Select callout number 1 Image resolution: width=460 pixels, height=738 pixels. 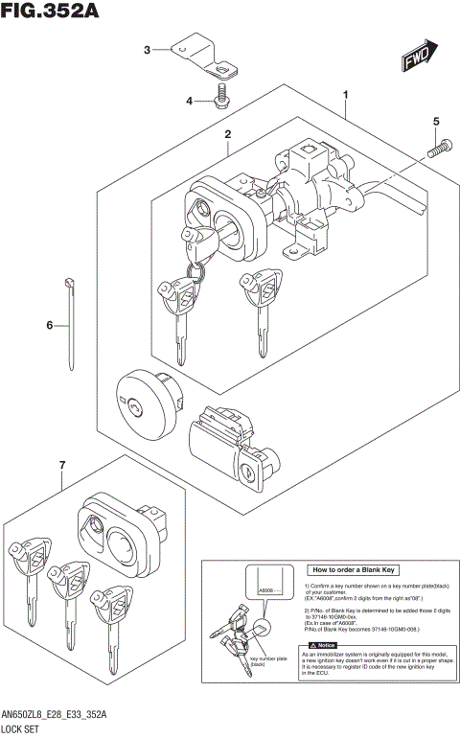pyautogui.click(x=345, y=95)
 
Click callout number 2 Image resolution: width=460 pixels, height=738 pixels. pyautogui.click(x=228, y=136)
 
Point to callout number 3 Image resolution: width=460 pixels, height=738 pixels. pyautogui.click(x=147, y=50)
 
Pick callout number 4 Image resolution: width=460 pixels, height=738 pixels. pyautogui.click(x=190, y=101)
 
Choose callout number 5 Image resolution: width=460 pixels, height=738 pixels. pyautogui.click(x=435, y=122)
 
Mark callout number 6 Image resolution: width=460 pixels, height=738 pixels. pyautogui.click(x=49, y=326)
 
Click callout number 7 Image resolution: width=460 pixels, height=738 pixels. pyautogui.click(x=61, y=466)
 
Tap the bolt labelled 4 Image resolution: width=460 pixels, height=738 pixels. pyautogui.click(x=222, y=98)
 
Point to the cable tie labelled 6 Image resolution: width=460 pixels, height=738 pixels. pyautogui.click(x=73, y=321)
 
